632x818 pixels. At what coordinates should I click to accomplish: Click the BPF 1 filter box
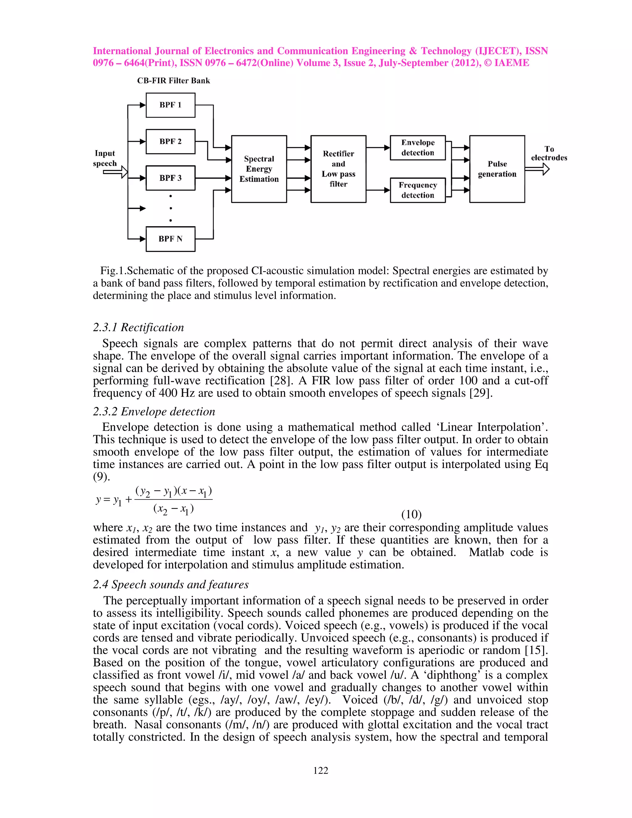click(170, 105)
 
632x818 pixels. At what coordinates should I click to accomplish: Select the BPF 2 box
click(170, 142)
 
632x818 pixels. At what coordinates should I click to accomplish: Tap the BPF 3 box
click(170, 178)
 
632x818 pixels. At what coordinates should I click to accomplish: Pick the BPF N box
click(170, 239)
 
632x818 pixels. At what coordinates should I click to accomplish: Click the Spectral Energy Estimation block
click(259, 169)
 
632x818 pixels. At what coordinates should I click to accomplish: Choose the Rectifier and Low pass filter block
click(338, 169)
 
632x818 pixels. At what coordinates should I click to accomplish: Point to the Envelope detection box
click(418, 148)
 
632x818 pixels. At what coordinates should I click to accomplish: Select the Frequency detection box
click(418, 190)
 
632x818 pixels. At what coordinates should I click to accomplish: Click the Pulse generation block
click(497, 169)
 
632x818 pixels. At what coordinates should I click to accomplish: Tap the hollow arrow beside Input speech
click(116, 172)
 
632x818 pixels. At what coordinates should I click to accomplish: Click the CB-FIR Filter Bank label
click(173, 81)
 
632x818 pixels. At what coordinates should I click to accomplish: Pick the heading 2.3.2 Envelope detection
click(154, 411)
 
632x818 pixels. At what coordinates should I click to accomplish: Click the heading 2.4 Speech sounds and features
click(171, 585)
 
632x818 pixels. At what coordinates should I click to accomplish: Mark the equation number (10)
click(411, 514)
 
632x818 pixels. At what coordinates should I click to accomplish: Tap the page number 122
click(321, 771)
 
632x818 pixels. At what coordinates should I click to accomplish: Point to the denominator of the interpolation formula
click(173, 509)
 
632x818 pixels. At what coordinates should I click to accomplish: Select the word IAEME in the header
click(511, 63)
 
